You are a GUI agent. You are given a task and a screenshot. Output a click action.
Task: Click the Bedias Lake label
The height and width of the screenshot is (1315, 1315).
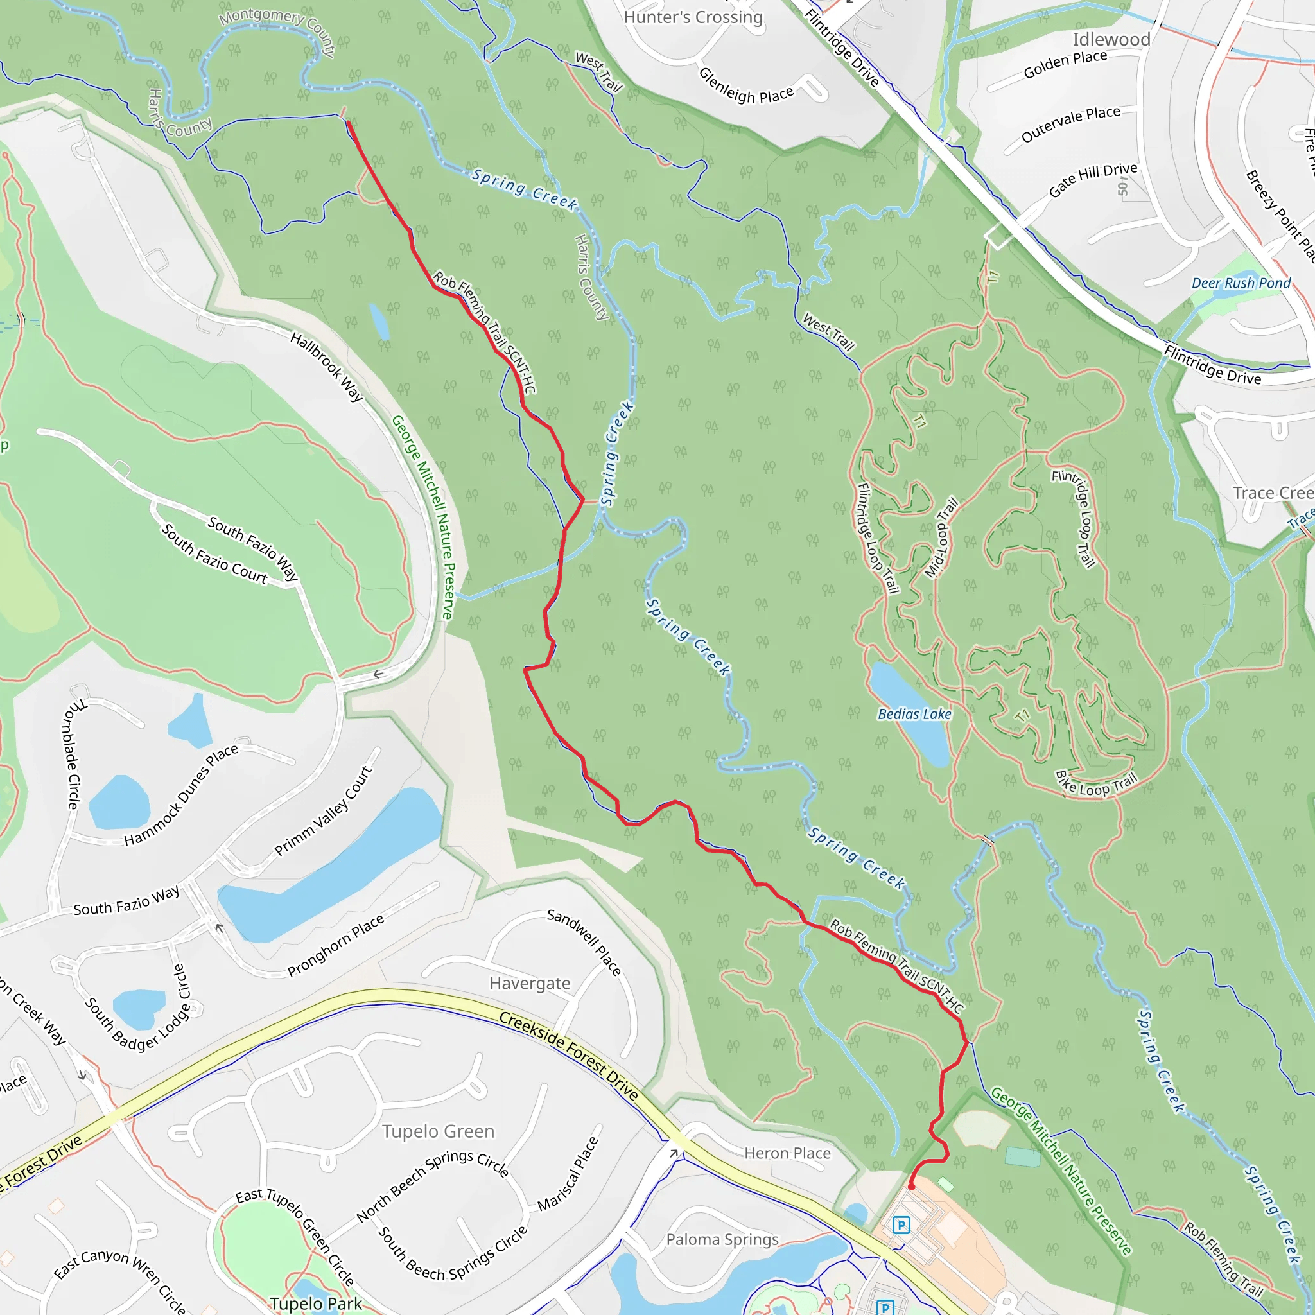(x=914, y=714)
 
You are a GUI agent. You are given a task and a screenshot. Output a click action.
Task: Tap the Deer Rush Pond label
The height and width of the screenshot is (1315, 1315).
(x=1241, y=283)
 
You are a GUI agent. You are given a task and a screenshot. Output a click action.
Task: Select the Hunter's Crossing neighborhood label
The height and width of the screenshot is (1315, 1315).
(x=693, y=17)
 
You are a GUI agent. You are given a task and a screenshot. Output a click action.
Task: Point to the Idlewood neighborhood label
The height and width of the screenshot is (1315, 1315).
(x=1111, y=39)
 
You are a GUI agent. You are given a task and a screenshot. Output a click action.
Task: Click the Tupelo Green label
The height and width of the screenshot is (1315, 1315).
(x=439, y=1131)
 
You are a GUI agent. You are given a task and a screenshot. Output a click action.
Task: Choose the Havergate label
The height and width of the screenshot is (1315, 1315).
(x=530, y=983)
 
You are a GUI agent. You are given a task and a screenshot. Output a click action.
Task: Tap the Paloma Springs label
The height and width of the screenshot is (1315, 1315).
(x=722, y=1239)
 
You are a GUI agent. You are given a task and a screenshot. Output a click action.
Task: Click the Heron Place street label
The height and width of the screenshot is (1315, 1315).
(x=787, y=1153)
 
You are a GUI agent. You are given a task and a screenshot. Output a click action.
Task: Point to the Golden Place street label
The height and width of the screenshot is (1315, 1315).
(x=1065, y=64)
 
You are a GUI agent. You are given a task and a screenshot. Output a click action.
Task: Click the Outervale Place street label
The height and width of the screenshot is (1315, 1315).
(x=1070, y=123)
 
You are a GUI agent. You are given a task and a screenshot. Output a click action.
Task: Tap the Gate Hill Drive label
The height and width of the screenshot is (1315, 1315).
(x=1093, y=180)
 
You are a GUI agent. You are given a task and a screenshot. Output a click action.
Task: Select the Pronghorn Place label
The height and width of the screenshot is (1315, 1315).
(x=336, y=945)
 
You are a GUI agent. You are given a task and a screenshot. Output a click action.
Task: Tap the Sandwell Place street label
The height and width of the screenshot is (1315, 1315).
(x=584, y=942)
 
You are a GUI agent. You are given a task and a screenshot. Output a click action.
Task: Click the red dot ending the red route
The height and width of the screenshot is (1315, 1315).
(x=911, y=1187)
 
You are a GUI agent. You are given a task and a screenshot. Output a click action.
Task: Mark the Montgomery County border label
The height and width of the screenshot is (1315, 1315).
(x=277, y=31)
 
